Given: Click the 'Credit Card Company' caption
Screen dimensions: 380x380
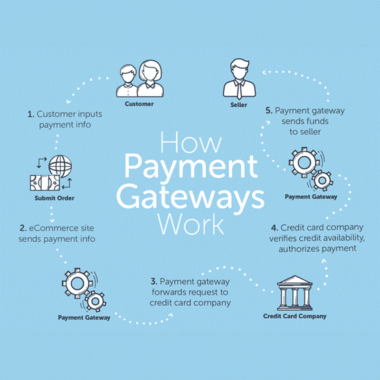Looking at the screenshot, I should [295, 316].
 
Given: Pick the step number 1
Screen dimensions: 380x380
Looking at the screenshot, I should [30, 114].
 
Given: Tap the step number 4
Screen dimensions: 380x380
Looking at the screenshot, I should [273, 228].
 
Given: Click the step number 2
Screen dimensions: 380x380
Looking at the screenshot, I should [23, 228].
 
